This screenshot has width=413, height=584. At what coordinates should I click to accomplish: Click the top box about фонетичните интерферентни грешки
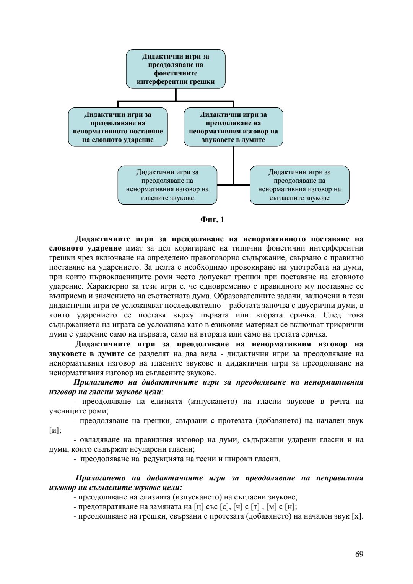(x=176, y=69)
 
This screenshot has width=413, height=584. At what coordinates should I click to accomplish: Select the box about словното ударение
(x=118, y=127)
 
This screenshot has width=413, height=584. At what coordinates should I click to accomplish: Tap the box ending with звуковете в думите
(x=233, y=127)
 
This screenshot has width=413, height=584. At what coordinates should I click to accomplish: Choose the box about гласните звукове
(x=167, y=185)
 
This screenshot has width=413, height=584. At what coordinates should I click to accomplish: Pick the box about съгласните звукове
(x=299, y=185)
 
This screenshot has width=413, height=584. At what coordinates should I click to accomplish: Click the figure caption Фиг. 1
(x=212, y=220)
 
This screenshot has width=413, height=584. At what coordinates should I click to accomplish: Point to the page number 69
(x=359, y=554)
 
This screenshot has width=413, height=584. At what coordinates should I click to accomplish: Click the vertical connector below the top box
(x=176, y=95)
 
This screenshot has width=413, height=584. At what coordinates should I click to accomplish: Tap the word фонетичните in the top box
(x=176, y=73)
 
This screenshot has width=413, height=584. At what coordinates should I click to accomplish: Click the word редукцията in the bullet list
(x=164, y=459)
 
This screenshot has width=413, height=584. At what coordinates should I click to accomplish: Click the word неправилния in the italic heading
(x=340, y=478)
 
